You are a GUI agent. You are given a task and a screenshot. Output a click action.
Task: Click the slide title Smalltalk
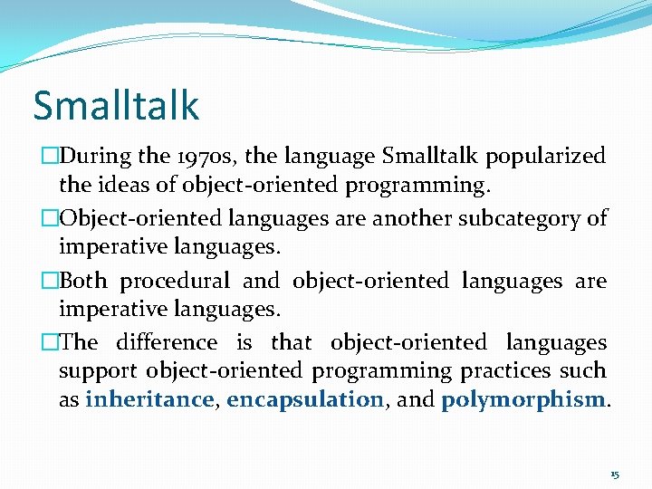116,105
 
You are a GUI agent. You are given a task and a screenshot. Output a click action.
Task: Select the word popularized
545,156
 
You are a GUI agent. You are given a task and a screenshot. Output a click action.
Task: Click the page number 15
614,475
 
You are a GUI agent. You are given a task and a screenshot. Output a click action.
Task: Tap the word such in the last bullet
583,371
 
